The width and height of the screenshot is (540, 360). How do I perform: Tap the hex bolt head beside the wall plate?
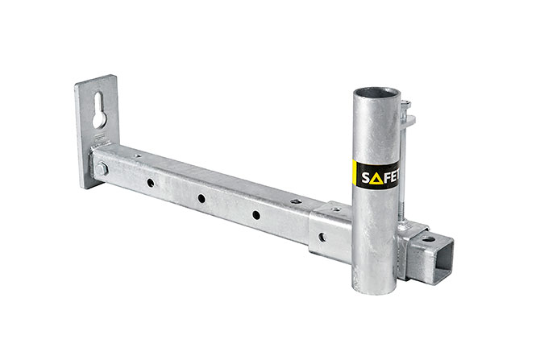(102, 168)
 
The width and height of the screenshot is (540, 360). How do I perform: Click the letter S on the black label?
(366, 177)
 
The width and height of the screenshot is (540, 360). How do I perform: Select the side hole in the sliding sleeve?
(322, 237)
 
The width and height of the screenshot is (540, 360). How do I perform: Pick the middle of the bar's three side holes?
(201, 199)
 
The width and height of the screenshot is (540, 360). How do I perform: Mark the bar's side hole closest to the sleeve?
(255, 214)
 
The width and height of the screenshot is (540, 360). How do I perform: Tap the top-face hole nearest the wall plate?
(137, 155)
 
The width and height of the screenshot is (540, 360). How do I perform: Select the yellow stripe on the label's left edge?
(355, 180)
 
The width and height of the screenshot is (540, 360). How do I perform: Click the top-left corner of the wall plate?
(77, 82)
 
